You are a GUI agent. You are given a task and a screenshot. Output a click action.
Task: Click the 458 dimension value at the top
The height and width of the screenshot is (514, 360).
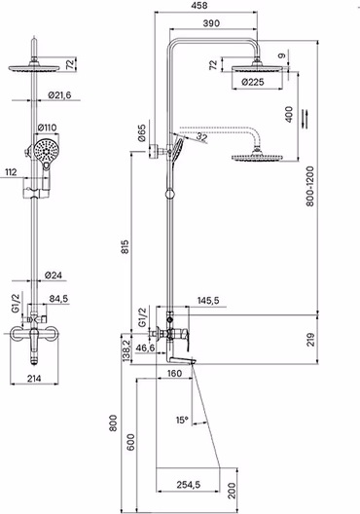pos(199,6)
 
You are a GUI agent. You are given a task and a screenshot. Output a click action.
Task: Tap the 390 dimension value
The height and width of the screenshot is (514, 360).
pos(211,23)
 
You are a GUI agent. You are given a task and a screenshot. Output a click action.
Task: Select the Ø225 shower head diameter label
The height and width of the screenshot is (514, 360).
pos(253,82)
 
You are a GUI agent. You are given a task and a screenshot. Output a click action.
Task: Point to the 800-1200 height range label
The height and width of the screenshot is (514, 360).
pos(310,186)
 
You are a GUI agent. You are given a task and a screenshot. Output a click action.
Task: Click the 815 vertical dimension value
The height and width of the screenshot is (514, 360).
pos(126,247)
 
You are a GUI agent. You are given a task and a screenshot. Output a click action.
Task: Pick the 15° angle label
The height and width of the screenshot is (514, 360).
pos(183,420)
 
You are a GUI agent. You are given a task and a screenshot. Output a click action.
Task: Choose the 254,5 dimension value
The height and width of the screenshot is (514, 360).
pos(189,485)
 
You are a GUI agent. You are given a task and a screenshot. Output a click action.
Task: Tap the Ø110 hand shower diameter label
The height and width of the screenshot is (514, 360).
pos(47,128)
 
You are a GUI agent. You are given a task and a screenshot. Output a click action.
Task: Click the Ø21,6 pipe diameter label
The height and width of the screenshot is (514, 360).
pos(59,95)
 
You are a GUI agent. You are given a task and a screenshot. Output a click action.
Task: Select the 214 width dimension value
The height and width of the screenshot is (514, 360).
pos(34,379)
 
